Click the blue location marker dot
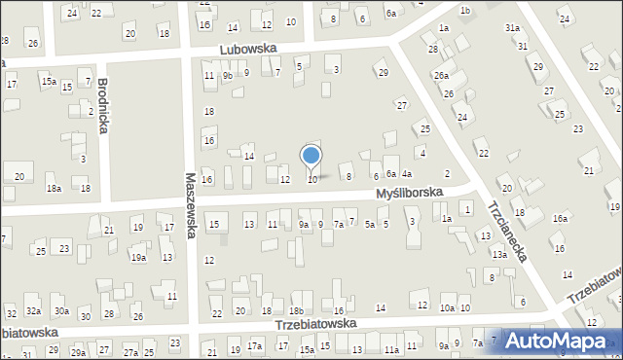311,156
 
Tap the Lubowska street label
248,48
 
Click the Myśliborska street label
410,194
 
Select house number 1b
465,11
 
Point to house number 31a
512,28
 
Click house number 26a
441,75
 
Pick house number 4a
407,173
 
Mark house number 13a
499,254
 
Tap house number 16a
561,219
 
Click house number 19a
139,258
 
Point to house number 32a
33,311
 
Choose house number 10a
447,307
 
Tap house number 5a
370,225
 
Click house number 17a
255,345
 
